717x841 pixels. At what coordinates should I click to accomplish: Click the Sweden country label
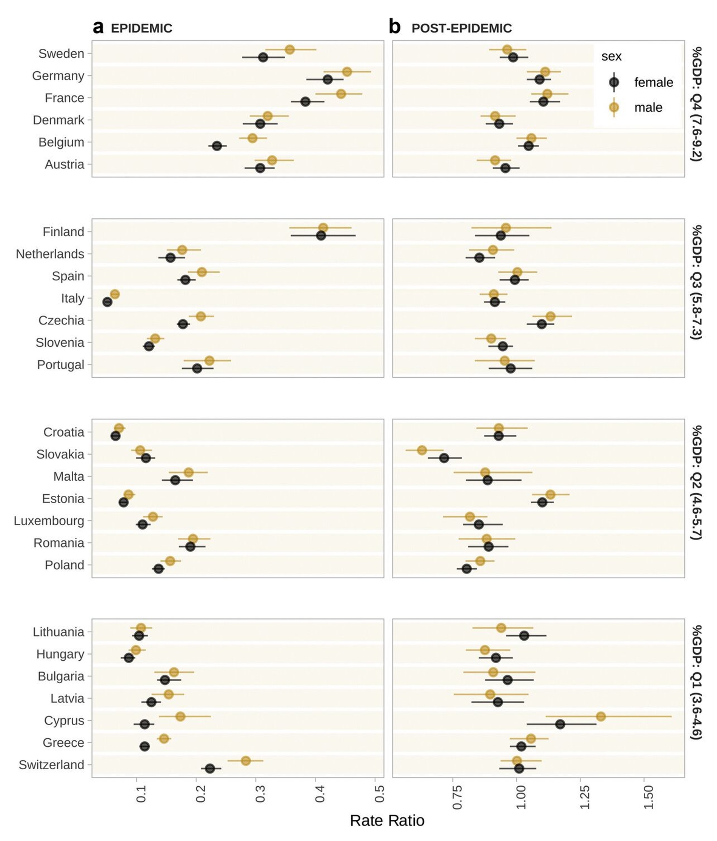pos(61,54)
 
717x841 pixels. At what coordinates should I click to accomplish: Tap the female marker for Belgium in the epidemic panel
pos(217,146)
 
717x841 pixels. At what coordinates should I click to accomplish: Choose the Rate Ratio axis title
pos(387,820)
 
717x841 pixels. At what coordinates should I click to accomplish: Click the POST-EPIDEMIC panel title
pos(461,28)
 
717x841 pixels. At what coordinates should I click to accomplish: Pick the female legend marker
pos(614,82)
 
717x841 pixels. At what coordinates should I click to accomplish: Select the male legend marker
pos(614,107)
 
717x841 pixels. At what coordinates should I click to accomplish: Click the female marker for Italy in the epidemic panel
pos(107,302)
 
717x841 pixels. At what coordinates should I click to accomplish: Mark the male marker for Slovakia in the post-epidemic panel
pos(422,450)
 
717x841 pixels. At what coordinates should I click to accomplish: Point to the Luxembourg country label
pos(49,521)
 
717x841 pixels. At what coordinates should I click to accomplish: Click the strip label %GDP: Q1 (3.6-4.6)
pos(696,682)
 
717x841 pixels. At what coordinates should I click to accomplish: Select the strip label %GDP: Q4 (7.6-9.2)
pos(696,104)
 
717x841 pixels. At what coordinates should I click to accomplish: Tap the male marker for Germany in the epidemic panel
pos(347,72)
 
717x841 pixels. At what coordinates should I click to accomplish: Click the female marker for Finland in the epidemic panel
pos(321,235)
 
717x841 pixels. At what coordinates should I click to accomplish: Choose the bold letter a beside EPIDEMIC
pos(98,28)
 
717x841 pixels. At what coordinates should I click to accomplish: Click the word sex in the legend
pos(611,57)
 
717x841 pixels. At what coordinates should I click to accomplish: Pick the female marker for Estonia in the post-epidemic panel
pos(542,503)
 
